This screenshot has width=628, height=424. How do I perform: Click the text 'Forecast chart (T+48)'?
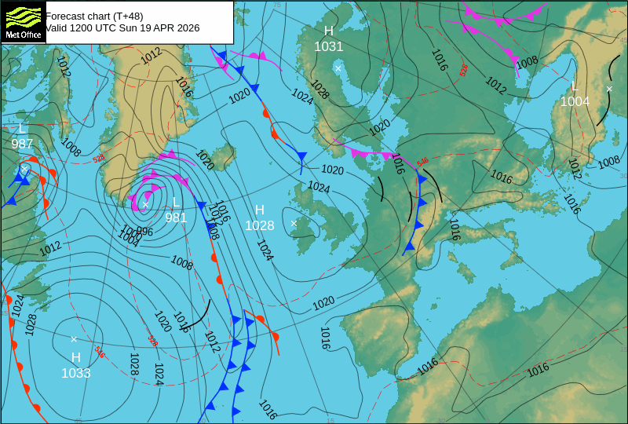click(94, 16)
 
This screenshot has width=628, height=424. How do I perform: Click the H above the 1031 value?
click(329, 31)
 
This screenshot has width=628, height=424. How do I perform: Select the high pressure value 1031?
click(329, 46)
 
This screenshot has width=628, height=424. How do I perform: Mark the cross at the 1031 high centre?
click(338, 68)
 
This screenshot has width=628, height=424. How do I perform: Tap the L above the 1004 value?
click(575, 86)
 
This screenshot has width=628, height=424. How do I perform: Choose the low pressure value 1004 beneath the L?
click(575, 101)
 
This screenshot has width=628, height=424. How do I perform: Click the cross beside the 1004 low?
click(608, 89)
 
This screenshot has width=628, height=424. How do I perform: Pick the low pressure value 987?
click(22, 144)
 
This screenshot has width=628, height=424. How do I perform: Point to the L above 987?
click(22, 128)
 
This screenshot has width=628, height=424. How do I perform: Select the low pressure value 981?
click(176, 217)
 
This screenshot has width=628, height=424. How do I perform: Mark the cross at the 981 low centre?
click(145, 204)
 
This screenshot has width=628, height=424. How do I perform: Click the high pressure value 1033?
click(76, 373)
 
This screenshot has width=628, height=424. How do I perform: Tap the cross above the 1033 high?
click(74, 339)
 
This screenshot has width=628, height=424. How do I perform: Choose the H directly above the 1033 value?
click(76, 357)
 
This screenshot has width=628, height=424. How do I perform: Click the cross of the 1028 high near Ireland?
click(294, 223)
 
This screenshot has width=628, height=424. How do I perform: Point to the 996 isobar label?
click(144, 232)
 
